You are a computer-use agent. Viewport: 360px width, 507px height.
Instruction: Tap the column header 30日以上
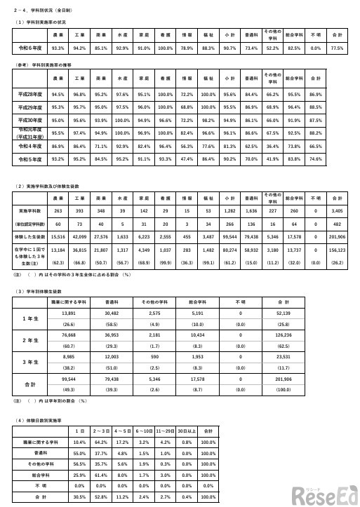coord(186,430)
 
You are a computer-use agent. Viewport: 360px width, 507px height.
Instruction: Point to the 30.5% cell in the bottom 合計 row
coord(79,496)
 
